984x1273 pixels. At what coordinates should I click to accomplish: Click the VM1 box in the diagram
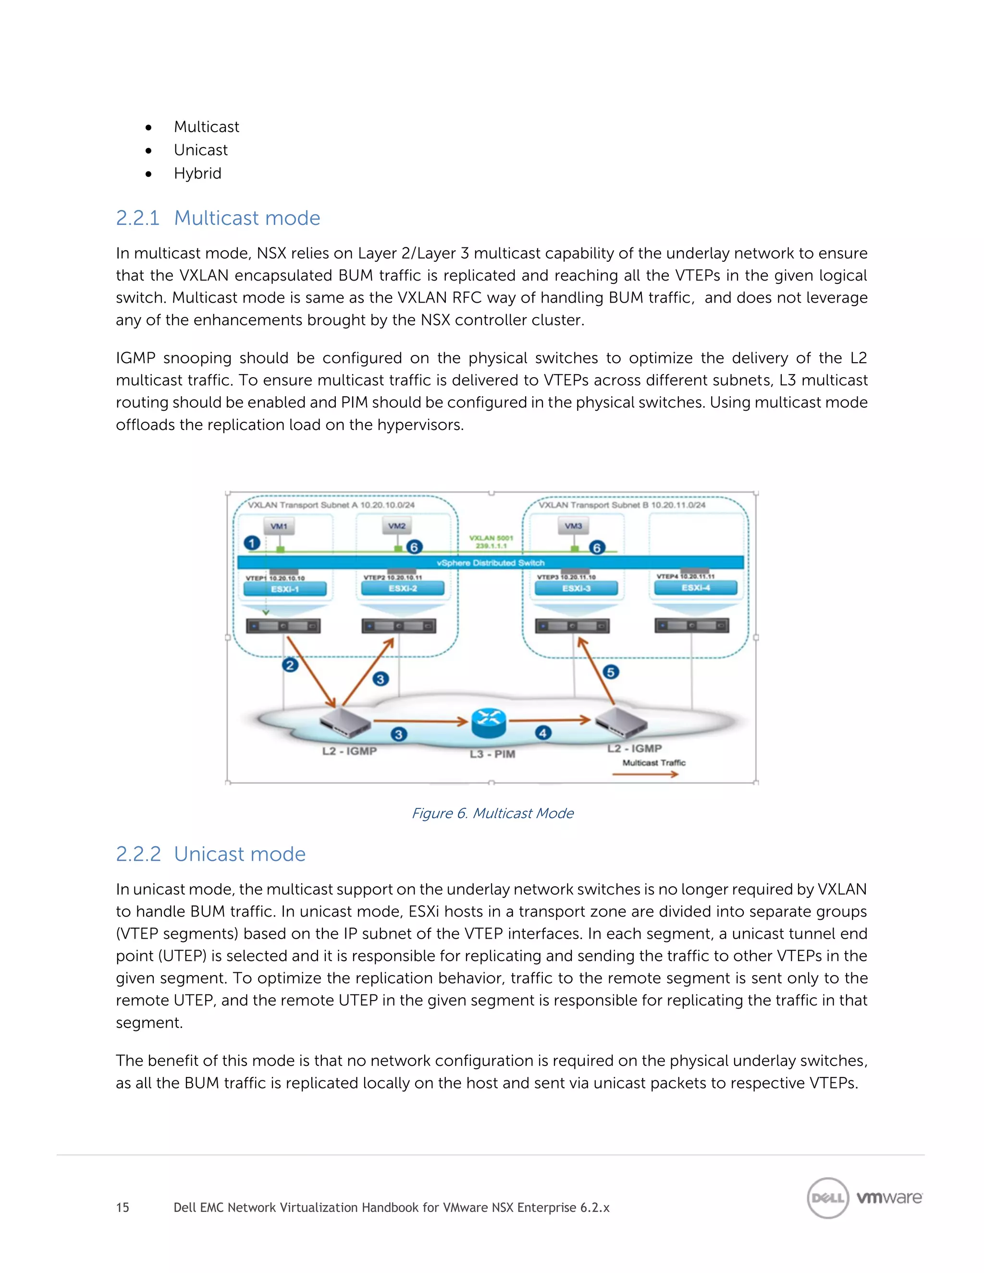(279, 526)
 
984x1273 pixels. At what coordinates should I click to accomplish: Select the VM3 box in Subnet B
(574, 526)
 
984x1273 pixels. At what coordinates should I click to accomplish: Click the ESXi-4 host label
(695, 588)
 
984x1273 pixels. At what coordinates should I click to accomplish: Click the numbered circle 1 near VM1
(252, 543)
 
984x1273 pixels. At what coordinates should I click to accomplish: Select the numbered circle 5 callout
(610, 672)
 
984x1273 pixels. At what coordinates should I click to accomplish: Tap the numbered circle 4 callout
(543, 733)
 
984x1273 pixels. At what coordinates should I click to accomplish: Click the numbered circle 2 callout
(290, 665)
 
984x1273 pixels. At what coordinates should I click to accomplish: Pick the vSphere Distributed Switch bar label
(490, 563)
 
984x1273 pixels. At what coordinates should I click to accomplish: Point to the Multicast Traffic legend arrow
(645, 774)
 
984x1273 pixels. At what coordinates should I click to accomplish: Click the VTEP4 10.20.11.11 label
(685, 576)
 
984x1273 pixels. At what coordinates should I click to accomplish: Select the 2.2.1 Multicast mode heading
(218, 218)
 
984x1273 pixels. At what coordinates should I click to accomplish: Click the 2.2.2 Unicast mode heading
(210, 854)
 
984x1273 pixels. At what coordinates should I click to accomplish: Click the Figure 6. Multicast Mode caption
(492, 813)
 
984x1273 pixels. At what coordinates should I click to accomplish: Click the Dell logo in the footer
(827, 1198)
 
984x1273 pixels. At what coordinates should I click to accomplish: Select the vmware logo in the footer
(889, 1198)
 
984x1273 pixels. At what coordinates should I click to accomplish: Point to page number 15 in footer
(123, 1207)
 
